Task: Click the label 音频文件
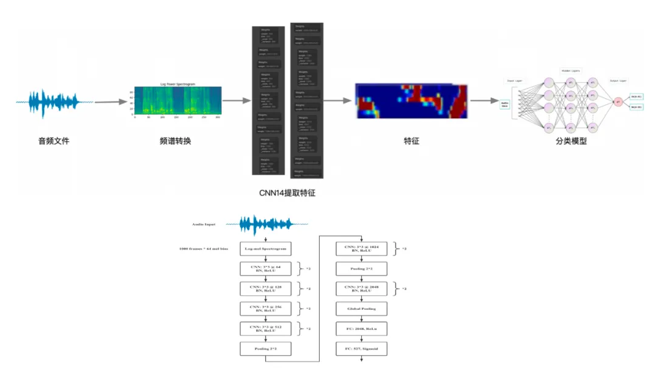[54, 141]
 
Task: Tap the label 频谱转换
[175, 141]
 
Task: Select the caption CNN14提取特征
[288, 193]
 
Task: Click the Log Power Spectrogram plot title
[178, 84]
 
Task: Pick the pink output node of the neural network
[618, 101]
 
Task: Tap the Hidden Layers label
[570, 71]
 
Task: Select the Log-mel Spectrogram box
[266, 249]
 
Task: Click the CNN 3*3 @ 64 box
[266, 269]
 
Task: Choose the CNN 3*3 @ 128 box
[266, 289]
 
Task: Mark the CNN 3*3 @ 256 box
[266, 309]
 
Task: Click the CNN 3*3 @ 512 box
[266, 329]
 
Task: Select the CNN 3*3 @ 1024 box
[361, 249]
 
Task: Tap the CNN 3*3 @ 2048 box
[361, 289]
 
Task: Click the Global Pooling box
[361, 309]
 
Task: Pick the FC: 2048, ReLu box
[361, 329]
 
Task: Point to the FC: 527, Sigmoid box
[361, 349]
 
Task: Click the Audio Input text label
[204, 224]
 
